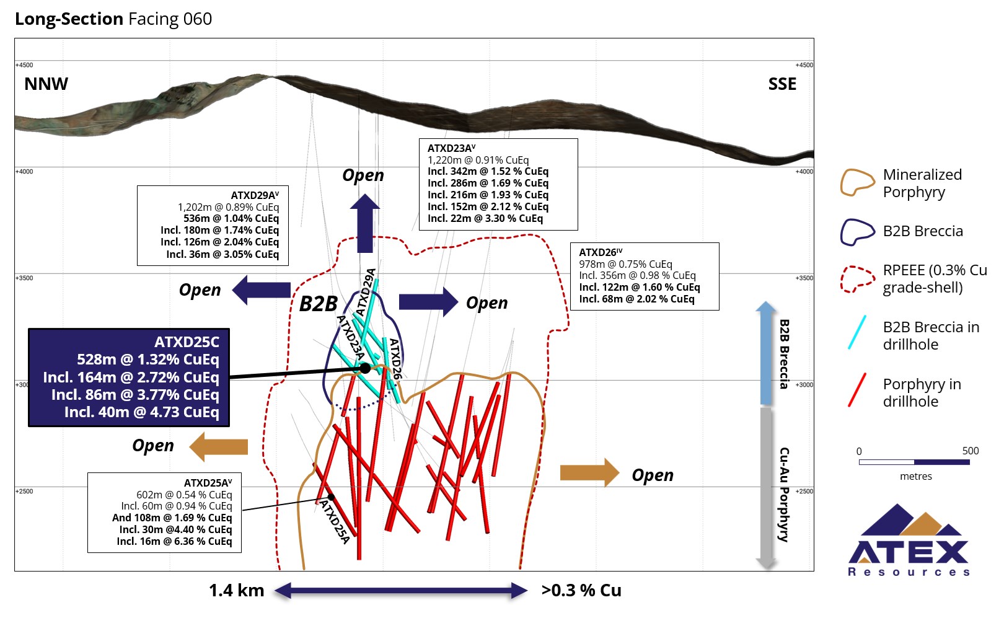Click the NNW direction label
[x=46, y=84]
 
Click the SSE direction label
[x=782, y=84]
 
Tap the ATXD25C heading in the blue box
[x=187, y=342]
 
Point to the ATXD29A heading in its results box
[x=255, y=195]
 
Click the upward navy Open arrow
[x=364, y=223]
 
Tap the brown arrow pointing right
[x=589, y=473]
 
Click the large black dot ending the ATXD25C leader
[x=365, y=368]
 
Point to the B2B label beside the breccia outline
[x=318, y=304]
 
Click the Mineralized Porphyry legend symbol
[x=857, y=183]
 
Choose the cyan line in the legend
[x=856, y=333]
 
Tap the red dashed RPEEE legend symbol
[x=857, y=279]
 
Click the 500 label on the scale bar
[x=970, y=451]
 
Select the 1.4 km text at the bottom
[x=236, y=591]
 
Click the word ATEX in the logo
[x=908, y=552]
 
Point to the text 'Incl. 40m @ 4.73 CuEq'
[x=141, y=412]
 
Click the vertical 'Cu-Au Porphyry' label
[x=784, y=494]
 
